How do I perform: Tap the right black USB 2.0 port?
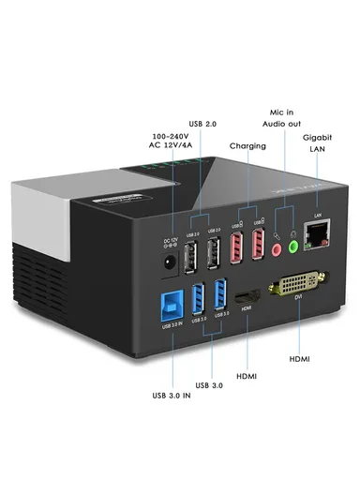click(x=215, y=251)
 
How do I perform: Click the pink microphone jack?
click(x=277, y=249)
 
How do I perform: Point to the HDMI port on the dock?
click(x=246, y=301)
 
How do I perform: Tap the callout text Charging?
click(x=247, y=146)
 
